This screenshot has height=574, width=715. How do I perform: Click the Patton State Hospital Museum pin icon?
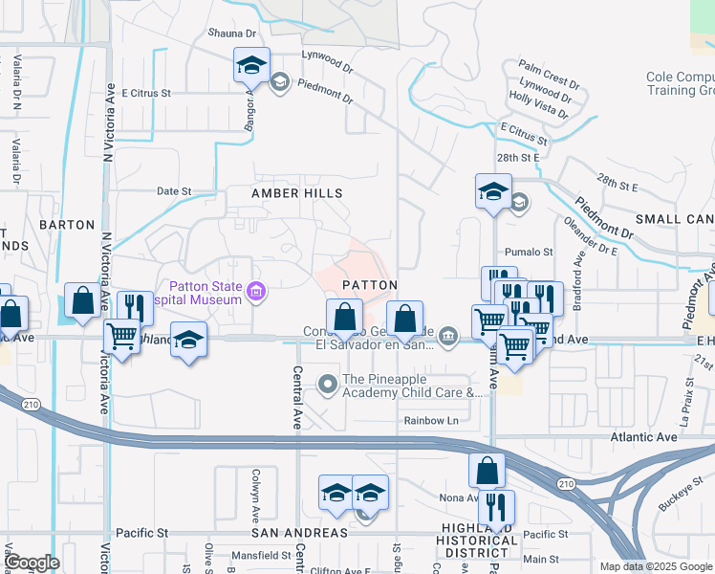[x=254, y=292]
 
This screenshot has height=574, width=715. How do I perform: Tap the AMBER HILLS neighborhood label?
[x=296, y=193]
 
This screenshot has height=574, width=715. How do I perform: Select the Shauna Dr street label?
[x=234, y=33]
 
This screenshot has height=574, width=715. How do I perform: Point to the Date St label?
[x=174, y=191]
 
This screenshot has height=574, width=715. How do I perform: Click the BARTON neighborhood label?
[x=67, y=225]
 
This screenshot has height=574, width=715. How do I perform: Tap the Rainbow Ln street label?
[x=430, y=420]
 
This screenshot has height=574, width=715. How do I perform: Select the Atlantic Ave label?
[x=644, y=437]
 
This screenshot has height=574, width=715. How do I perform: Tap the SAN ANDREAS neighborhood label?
[x=298, y=532]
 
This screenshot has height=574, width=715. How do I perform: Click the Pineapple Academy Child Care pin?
[x=329, y=384]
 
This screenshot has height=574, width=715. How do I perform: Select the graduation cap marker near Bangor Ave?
[x=251, y=65]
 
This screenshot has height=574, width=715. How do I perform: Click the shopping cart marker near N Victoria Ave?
[x=122, y=336]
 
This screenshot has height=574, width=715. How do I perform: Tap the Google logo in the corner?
[x=32, y=563]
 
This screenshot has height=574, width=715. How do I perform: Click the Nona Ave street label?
[x=459, y=497]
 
